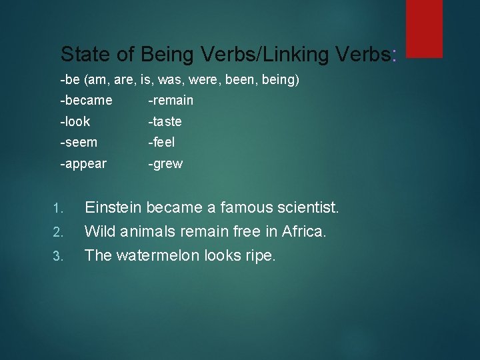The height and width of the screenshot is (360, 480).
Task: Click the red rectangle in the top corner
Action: (424, 28)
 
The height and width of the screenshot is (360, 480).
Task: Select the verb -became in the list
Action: (86, 101)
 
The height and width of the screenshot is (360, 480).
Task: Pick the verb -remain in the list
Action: (171, 101)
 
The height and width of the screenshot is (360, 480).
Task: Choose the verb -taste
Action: (165, 121)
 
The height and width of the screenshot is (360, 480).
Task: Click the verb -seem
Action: (79, 142)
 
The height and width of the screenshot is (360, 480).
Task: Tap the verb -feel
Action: (161, 142)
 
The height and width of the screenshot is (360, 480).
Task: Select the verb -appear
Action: (83, 164)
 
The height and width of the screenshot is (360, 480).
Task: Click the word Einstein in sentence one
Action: (113, 208)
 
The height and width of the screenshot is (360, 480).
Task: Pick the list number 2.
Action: (57, 233)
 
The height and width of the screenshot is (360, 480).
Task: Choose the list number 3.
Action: (57, 257)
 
